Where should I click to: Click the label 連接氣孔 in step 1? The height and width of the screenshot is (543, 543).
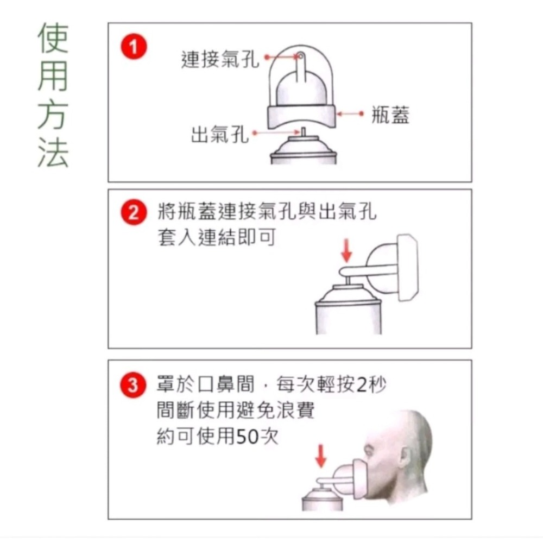click(x=220, y=59)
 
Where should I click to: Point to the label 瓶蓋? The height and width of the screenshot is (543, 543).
click(x=390, y=115)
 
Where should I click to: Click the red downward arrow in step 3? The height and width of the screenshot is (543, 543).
click(x=321, y=456)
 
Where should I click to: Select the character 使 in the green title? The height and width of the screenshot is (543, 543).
click(x=53, y=39)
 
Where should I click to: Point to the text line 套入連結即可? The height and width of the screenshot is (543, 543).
click(x=216, y=238)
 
